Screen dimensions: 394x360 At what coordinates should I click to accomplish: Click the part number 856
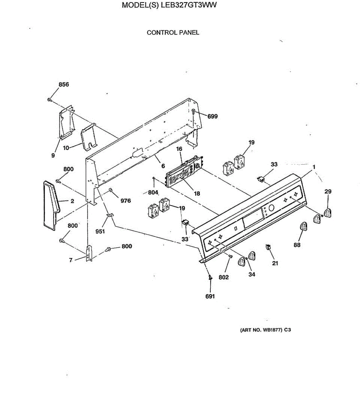pyautogui.click(x=64, y=85)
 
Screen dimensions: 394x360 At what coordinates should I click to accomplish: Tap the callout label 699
pyautogui.click(x=212, y=116)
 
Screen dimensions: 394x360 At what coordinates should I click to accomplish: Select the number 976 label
pyautogui.click(x=126, y=201)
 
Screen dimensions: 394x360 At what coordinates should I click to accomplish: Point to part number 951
pyautogui.click(x=100, y=231)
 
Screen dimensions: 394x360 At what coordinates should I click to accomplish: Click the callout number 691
pyautogui.click(x=210, y=296)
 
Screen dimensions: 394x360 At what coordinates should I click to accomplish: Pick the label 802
pyautogui.click(x=223, y=277)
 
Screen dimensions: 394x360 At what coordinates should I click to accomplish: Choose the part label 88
pyautogui.click(x=297, y=245)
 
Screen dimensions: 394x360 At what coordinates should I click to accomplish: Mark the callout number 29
pyautogui.click(x=328, y=191)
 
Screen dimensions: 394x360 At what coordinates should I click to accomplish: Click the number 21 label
pyautogui.click(x=275, y=263)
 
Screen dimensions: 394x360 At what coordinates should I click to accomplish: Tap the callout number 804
pyautogui.click(x=153, y=192)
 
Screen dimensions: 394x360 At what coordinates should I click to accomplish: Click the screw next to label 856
pyautogui.click(x=49, y=99)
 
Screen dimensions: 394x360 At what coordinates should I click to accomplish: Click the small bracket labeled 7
pyautogui.click(x=89, y=254)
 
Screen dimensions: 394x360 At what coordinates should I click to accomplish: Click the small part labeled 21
pyautogui.click(x=268, y=247)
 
